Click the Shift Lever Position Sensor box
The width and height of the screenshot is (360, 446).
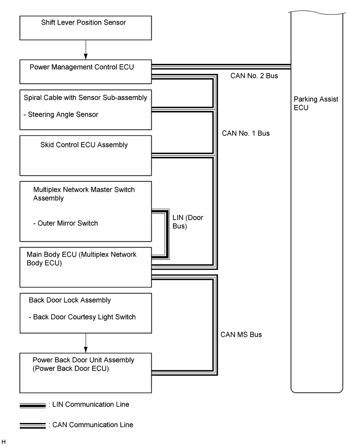coord(85,28)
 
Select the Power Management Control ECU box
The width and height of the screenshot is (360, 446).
coord(85,72)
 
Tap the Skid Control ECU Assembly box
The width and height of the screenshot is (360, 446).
coord(85,155)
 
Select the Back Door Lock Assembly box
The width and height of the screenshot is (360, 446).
coord(85,312)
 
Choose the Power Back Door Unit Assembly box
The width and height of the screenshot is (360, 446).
coord(85,371)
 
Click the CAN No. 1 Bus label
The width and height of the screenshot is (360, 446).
coord(250,133)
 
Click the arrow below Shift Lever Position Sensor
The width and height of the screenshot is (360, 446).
coord(85,50)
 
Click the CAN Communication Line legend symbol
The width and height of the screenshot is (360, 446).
coord(32,425)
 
